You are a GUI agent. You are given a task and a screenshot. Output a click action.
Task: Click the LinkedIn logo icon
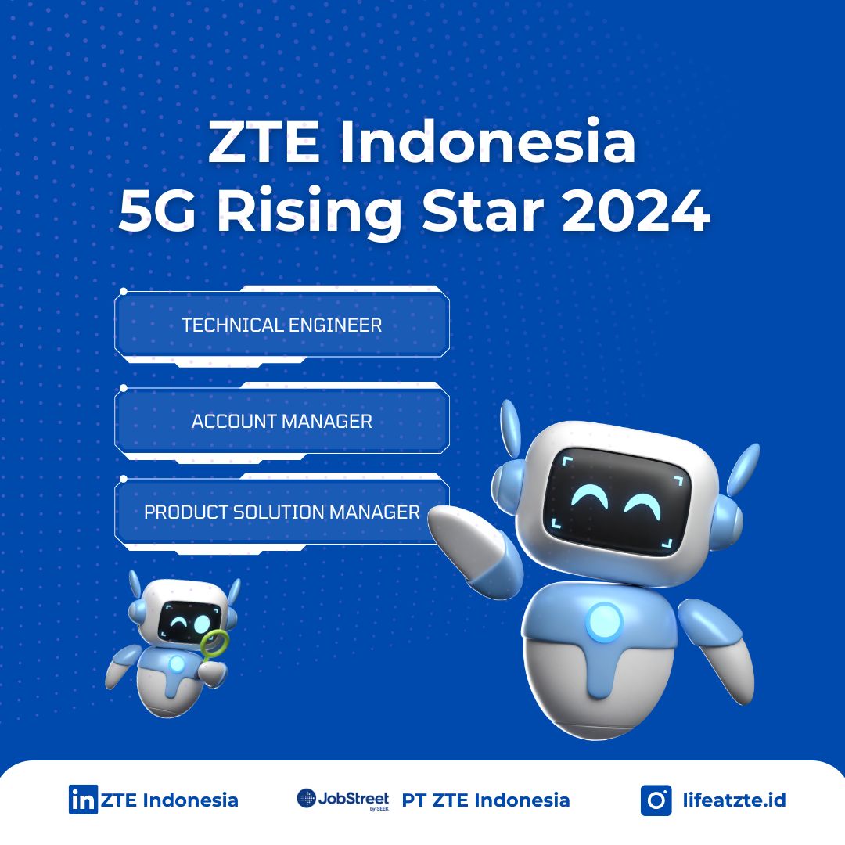tap(83, 799)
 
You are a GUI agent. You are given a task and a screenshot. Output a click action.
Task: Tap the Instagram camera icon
tap(656, 800)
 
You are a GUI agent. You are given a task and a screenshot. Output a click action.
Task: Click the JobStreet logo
tap(343, 800)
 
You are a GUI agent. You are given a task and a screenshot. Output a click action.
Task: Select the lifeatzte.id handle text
tap(734, 800)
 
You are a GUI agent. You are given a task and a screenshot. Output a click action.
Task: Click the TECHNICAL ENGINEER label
tap(282, 325)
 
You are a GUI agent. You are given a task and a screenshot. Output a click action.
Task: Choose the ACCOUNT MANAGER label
tap(282, 421)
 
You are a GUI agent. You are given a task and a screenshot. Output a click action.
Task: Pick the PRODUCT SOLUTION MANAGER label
tap(282, 512)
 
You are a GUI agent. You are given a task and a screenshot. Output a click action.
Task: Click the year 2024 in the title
tap(635, 210)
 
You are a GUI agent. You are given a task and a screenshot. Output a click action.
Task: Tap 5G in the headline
tap(157, 210)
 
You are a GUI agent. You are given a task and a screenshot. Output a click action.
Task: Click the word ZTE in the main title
tap(264, 142)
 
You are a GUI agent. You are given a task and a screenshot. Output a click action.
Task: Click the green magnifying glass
tap(214, 642)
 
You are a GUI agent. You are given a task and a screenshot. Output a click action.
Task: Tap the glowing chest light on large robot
tap(604, 622)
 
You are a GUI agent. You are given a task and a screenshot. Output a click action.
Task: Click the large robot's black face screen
tap(617, 497)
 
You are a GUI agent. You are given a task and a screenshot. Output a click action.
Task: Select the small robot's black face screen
tap(189, 623)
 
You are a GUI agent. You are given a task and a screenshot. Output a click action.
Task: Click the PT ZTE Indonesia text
tap(486, 800)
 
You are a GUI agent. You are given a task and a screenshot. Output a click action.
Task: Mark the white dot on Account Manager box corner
tap(124, 388)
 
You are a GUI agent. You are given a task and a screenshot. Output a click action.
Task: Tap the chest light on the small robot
tap(176, 663)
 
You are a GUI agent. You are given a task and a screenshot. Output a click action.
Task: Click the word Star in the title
tap(483, 210)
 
